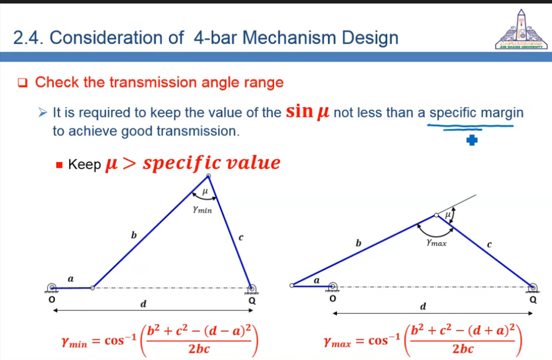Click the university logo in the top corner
pos(522,30)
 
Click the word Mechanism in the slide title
pos(290,37)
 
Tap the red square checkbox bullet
pos(23,83)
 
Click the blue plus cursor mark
pos(472,140)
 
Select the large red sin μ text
pos(308,111)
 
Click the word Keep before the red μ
pos(84,164)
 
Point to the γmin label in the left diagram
pos(202,210)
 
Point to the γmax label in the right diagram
pos(437,243)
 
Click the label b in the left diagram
pos(134,235)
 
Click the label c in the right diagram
pos(489,244)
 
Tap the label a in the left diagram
pos(71,279)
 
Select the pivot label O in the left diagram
pos(51,299)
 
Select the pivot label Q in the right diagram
pos(533,300)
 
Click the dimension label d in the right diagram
pos(423,306)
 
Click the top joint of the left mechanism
pos(208,175)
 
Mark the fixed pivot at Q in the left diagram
pos(251,288)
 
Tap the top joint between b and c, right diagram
pos(437,214)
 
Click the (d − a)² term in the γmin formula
pos(228,331)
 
